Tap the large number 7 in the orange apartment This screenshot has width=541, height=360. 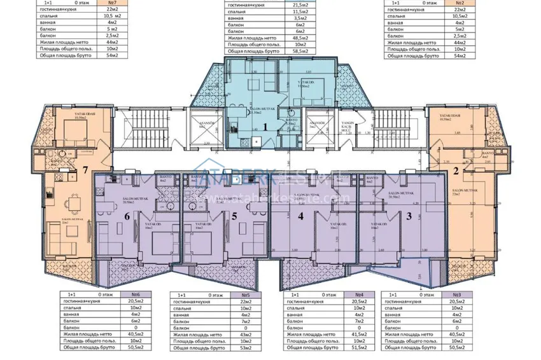85,170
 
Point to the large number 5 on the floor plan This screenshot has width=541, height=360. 235,216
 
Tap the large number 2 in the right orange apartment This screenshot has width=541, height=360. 456,170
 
